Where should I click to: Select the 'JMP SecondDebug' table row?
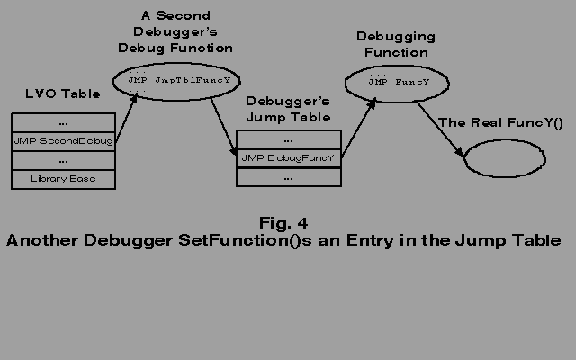[x=64, y=141]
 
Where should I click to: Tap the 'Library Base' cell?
[x=64, y=179]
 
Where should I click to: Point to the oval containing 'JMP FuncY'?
[x=394, y=83]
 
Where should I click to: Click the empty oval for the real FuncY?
[x=503, y=159]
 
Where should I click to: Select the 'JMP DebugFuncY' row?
[x=288, y=158]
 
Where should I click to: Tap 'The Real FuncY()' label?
[x=500, y=122]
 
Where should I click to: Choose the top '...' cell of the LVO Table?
[x=64, y=122]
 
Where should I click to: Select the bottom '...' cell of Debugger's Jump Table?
[x=288, y=177]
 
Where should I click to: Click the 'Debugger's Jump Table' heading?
[x=288, y=109]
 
